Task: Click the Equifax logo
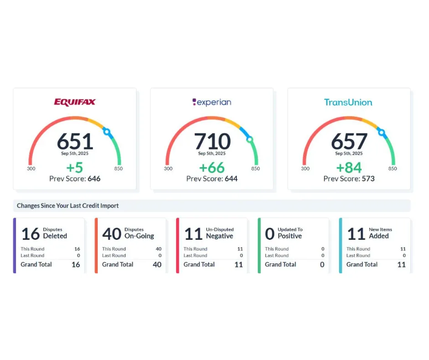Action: (x=75, y=102)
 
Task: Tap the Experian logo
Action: (x=212, y=102)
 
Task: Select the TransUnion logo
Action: (x=348, y=102)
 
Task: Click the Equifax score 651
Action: (x=75, y=141)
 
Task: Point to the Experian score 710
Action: (x=212, y=141)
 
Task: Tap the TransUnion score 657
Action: (x=349, y=141)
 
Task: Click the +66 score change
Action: (x=212, y=168)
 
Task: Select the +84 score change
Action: (x=349, y=168)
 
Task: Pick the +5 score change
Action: (x=75, y=168)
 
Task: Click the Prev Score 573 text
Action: (x=349, y=179)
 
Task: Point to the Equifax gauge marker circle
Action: (x=107, y=132)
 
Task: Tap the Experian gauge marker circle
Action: (x=250, y=140)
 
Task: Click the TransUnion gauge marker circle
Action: (x=382, y=132)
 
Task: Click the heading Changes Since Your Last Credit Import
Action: (x=68, y=206)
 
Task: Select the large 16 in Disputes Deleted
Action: (x=31, y=234)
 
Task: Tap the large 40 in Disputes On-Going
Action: (x=112, y=234)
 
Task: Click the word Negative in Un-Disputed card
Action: (x=220, y=236)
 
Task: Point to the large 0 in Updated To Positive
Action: (x=270, y=234)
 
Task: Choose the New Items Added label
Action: (x=380, y=233)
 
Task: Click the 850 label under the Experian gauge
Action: (x=256, y=169)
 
